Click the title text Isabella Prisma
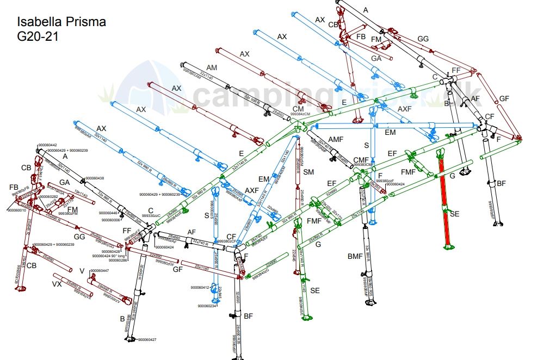point(61,22)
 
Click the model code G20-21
point(38,36)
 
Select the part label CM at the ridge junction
point(298,109)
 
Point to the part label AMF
point(336,140)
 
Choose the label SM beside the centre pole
point(308,172)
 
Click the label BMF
point(355,256)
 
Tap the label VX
point(57,283)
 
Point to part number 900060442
point(47,145)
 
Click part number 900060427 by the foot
point(147,340)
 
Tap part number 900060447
point(100,270)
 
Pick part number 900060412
point(200,287)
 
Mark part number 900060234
point(207,306)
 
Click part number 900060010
point(17,210)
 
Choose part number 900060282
point(48,196)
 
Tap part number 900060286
point(118,260)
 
